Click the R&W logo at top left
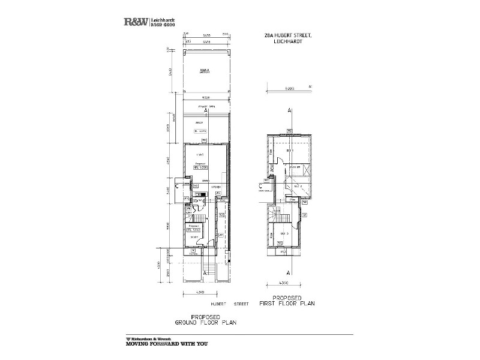click(x=136, y=22)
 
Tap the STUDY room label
click(x=194, y=238)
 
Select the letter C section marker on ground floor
click(x=178, y=186)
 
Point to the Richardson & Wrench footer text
click(x=149, y=338)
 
